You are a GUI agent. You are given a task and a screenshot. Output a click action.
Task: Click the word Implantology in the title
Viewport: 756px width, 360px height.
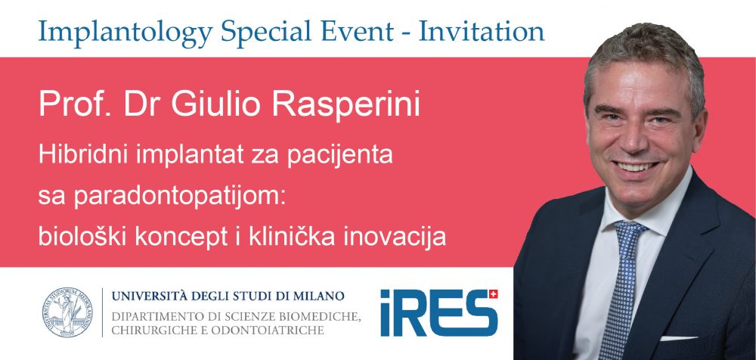coord(125,32)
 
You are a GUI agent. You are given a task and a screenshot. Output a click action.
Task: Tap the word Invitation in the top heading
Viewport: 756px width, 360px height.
coord(481,31)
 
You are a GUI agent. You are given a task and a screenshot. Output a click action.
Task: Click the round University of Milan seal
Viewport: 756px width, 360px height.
coord(67,312)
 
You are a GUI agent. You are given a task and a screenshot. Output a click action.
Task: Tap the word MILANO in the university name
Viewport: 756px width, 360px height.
coord(321,296)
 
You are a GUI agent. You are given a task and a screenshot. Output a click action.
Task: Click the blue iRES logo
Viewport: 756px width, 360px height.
coord(439,312)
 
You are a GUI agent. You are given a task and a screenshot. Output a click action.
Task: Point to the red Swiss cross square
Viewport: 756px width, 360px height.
coord(493,294)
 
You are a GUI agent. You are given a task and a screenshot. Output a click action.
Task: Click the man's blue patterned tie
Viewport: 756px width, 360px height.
coord(622,289)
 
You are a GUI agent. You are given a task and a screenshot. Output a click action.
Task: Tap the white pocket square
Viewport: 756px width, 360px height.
coord(679,338)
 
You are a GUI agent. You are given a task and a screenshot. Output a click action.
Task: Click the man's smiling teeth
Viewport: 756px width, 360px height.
coord(637,166)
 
